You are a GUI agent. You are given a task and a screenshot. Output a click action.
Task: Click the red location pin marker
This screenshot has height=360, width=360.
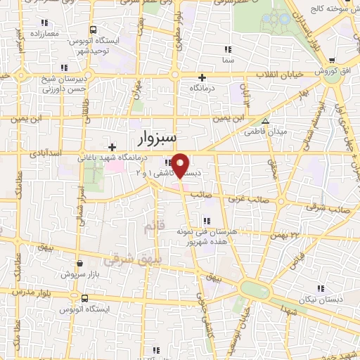(181, 165)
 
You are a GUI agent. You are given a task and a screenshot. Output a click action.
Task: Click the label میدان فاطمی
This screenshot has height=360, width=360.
(266, 131)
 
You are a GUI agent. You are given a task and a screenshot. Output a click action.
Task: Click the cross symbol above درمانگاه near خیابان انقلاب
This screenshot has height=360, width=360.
(202, 77)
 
